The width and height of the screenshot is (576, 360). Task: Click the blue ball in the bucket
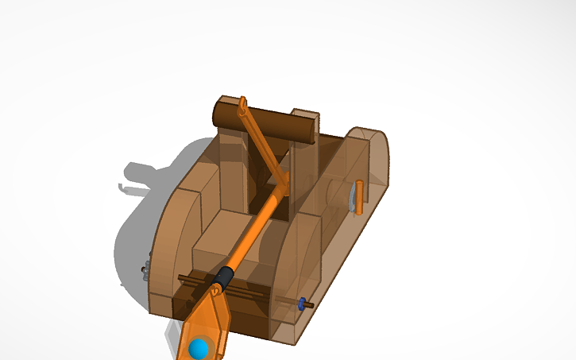point(199,346)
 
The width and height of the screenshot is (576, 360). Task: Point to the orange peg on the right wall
point(358,196)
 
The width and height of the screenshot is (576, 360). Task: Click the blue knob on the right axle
point(301,303)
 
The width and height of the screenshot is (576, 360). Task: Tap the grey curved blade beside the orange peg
point(351,196)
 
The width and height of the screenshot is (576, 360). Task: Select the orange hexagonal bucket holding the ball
point(208,326)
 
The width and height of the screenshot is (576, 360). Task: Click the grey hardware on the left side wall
point(146,270)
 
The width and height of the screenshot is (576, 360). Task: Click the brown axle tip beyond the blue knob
point(310,304)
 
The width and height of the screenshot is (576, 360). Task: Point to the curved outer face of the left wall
point(163,246)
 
